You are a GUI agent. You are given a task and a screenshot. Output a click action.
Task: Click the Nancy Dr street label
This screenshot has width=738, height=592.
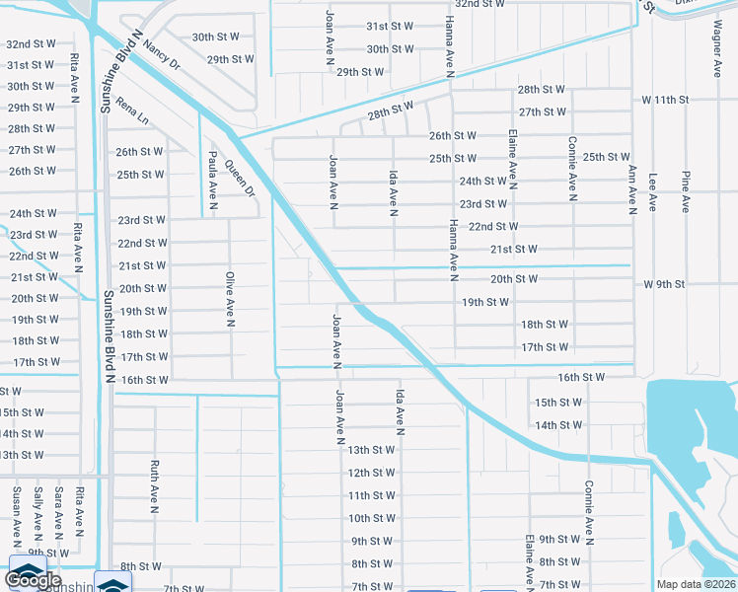[162, 53]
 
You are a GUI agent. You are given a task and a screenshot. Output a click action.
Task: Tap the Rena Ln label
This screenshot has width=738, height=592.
[131, 111]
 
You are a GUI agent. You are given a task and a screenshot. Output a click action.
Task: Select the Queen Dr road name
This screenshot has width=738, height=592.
[240, 179]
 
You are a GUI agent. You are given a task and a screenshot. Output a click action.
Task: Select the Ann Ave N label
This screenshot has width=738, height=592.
[632, 187]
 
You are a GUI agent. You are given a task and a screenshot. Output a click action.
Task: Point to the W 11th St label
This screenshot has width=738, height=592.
[665, 101]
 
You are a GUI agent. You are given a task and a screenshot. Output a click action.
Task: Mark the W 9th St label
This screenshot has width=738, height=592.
[663, 284]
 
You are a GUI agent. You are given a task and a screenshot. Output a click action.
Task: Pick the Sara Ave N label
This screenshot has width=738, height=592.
[59, 514]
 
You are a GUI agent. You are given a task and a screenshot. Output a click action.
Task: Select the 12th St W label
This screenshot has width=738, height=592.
[371, 473]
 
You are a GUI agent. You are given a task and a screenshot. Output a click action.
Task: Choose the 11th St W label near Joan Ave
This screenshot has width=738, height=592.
[371, 495]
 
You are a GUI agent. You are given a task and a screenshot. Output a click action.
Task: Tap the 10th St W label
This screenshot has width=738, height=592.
[371, 518]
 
